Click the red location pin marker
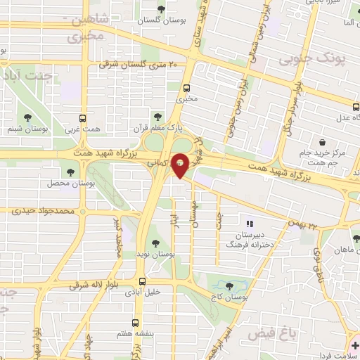click(181, 165)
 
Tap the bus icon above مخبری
click(187, 89)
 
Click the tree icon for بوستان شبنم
click(27, 118)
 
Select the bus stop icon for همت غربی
click(83, 118)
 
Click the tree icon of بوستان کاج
click(231, 285)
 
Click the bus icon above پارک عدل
click(355, 108)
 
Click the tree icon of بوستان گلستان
click(162, 9)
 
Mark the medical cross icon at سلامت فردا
click(355, 345)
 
